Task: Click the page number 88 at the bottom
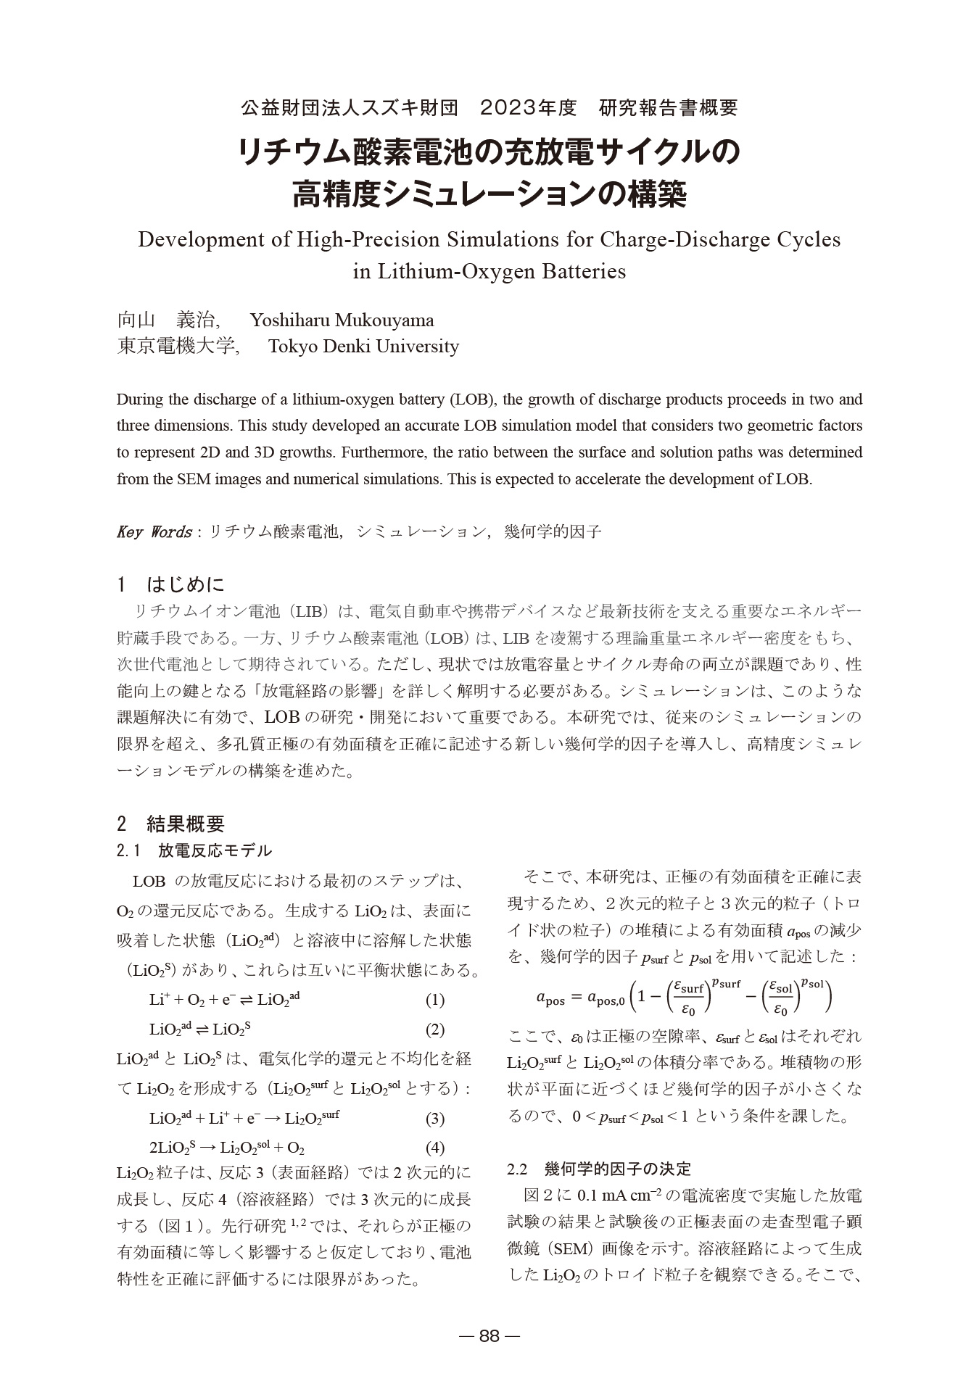[x=489, y=1336]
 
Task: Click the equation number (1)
[x=434, y=1000]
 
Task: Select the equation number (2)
[x=434, y=1029]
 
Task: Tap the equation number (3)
[x=434, y=1118]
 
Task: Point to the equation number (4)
[x=434, y=1148]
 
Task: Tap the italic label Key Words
[x=154, y=532]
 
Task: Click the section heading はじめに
[x=186, y=584]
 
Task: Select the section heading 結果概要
[x=186, y=824]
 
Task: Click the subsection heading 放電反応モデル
[x=215, y=850]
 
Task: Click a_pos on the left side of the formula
[x=550, y=999]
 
